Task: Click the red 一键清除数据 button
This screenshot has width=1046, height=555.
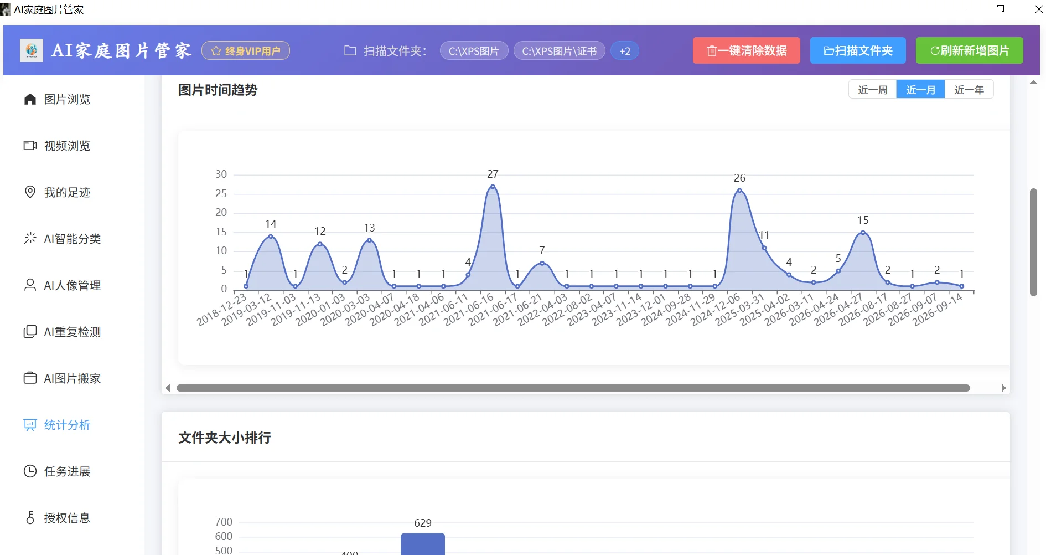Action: (x=746, y=50)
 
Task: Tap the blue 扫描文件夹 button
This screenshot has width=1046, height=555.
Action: (x=858, y=50)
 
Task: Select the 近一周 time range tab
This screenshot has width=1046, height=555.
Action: (x=873, y=90)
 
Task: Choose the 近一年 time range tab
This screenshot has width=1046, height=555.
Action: (x=969, y=90)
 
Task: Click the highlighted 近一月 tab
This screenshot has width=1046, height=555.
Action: (x=921, y=90)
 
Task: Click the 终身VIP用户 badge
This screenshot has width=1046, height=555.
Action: (x=246, y=51)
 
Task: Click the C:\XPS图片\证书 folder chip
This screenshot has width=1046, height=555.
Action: (x=560, y=51)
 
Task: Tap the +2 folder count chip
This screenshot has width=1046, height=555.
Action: (x=625, y=51)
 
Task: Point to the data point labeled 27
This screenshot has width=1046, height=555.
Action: (x=493, y=187)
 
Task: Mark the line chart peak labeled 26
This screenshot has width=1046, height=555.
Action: (x=739, y=191)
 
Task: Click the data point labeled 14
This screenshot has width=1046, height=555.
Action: (x=271, y=237)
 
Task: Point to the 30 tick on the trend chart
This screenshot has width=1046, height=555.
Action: (x=221, y=174)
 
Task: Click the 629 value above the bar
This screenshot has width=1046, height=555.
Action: (x=423, y=523)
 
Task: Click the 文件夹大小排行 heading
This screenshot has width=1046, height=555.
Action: (x=225, y=438)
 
